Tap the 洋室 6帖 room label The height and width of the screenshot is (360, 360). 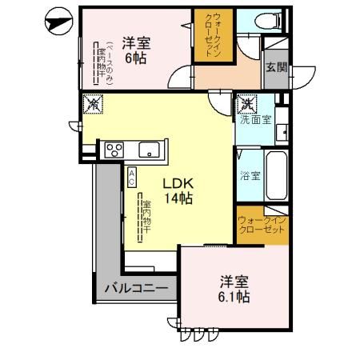(137, 50)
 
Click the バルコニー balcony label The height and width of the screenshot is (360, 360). (134, 286)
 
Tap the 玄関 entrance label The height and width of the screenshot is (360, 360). (276, 68)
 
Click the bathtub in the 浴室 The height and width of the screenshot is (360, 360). (277, 174)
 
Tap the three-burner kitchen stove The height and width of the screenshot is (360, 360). (111, 149)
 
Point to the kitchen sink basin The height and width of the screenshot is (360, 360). (150, 149)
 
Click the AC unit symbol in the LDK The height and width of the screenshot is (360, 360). (130, 176)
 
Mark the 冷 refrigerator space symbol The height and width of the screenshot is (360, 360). (93, 104)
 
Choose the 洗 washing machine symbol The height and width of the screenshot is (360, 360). (246, 103)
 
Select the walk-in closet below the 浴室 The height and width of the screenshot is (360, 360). (262, 223)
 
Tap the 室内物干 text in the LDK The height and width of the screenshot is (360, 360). (146, 217)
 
